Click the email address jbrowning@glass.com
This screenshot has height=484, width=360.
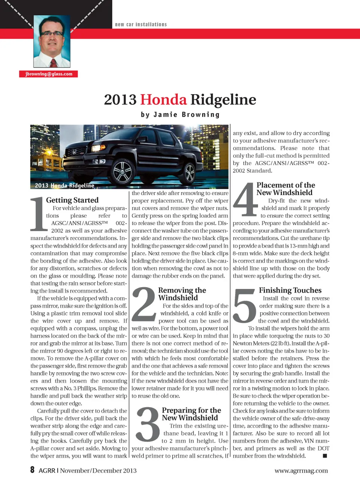pyautogui.click(x=49, y=74)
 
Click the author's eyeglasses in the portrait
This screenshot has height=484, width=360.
pyautogui.click(x=52, y=33)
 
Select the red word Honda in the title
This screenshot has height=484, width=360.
pyautogui.click(x=163, y=99)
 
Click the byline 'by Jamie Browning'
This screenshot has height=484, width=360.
pyautogui.click(x=180, y=114)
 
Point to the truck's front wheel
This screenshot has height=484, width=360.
pyautogui.click(x=122, y=172)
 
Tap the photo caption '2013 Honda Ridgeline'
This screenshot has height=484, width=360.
pyautogui.click(x=64, y=185)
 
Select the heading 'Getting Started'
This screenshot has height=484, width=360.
pyautogui.click(x=72, y=200)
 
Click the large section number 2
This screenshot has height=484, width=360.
pyautogui.click(x=144, y=304)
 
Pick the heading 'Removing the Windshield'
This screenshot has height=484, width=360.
pyautogui.click(x=182, y=294)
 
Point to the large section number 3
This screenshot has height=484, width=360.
pyautogui.click(x=148, y=424)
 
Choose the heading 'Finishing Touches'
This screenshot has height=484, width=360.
pyautogui.click(x=290, y=290)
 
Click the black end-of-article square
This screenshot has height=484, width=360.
pyautogui.click(x=325, y=456)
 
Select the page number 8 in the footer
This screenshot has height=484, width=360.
pyautogui.click(x=33, y=470)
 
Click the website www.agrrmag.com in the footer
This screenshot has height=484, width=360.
pyautogui.click(x=301, y=470)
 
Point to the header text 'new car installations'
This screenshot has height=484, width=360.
pyautogui.click(x=141, y=24)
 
